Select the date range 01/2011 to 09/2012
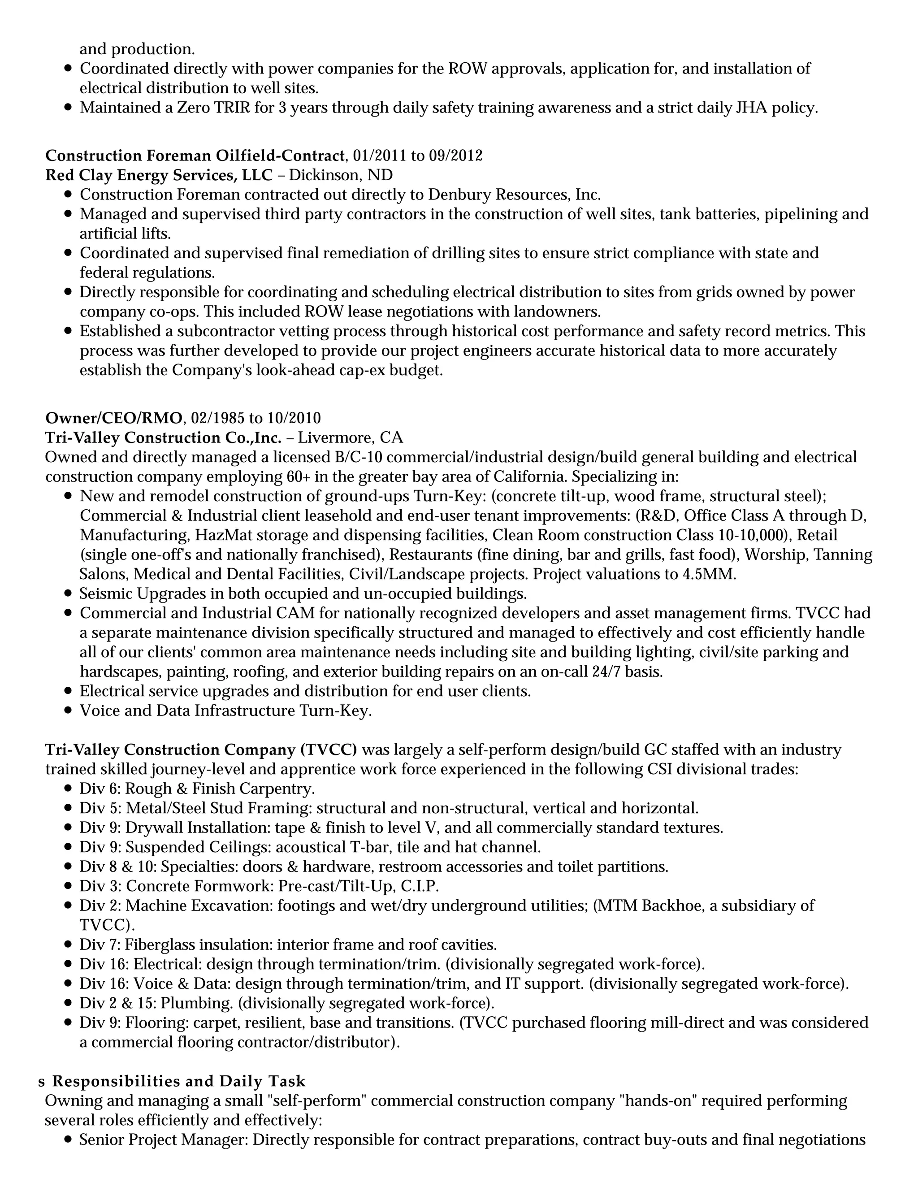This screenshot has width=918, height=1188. click(x=417, y=156)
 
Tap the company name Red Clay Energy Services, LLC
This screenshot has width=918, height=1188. click(x=159, y=175)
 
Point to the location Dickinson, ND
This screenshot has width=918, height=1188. click(x=341, y=175)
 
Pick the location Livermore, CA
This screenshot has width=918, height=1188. click(x=350, y=438)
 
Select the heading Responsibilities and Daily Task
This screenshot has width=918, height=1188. click(x=179, y=1081)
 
